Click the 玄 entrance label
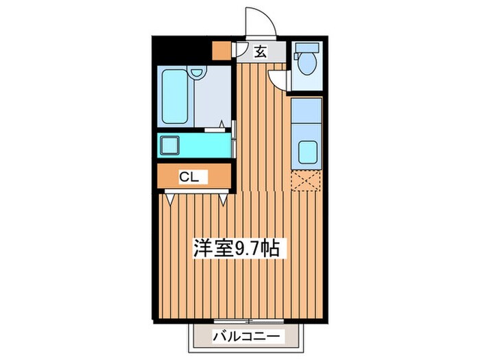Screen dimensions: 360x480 262,51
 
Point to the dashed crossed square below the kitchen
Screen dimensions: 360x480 305,181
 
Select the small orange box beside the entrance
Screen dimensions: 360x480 221,51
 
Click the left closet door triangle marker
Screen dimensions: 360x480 169,200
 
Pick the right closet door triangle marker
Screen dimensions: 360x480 225,200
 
